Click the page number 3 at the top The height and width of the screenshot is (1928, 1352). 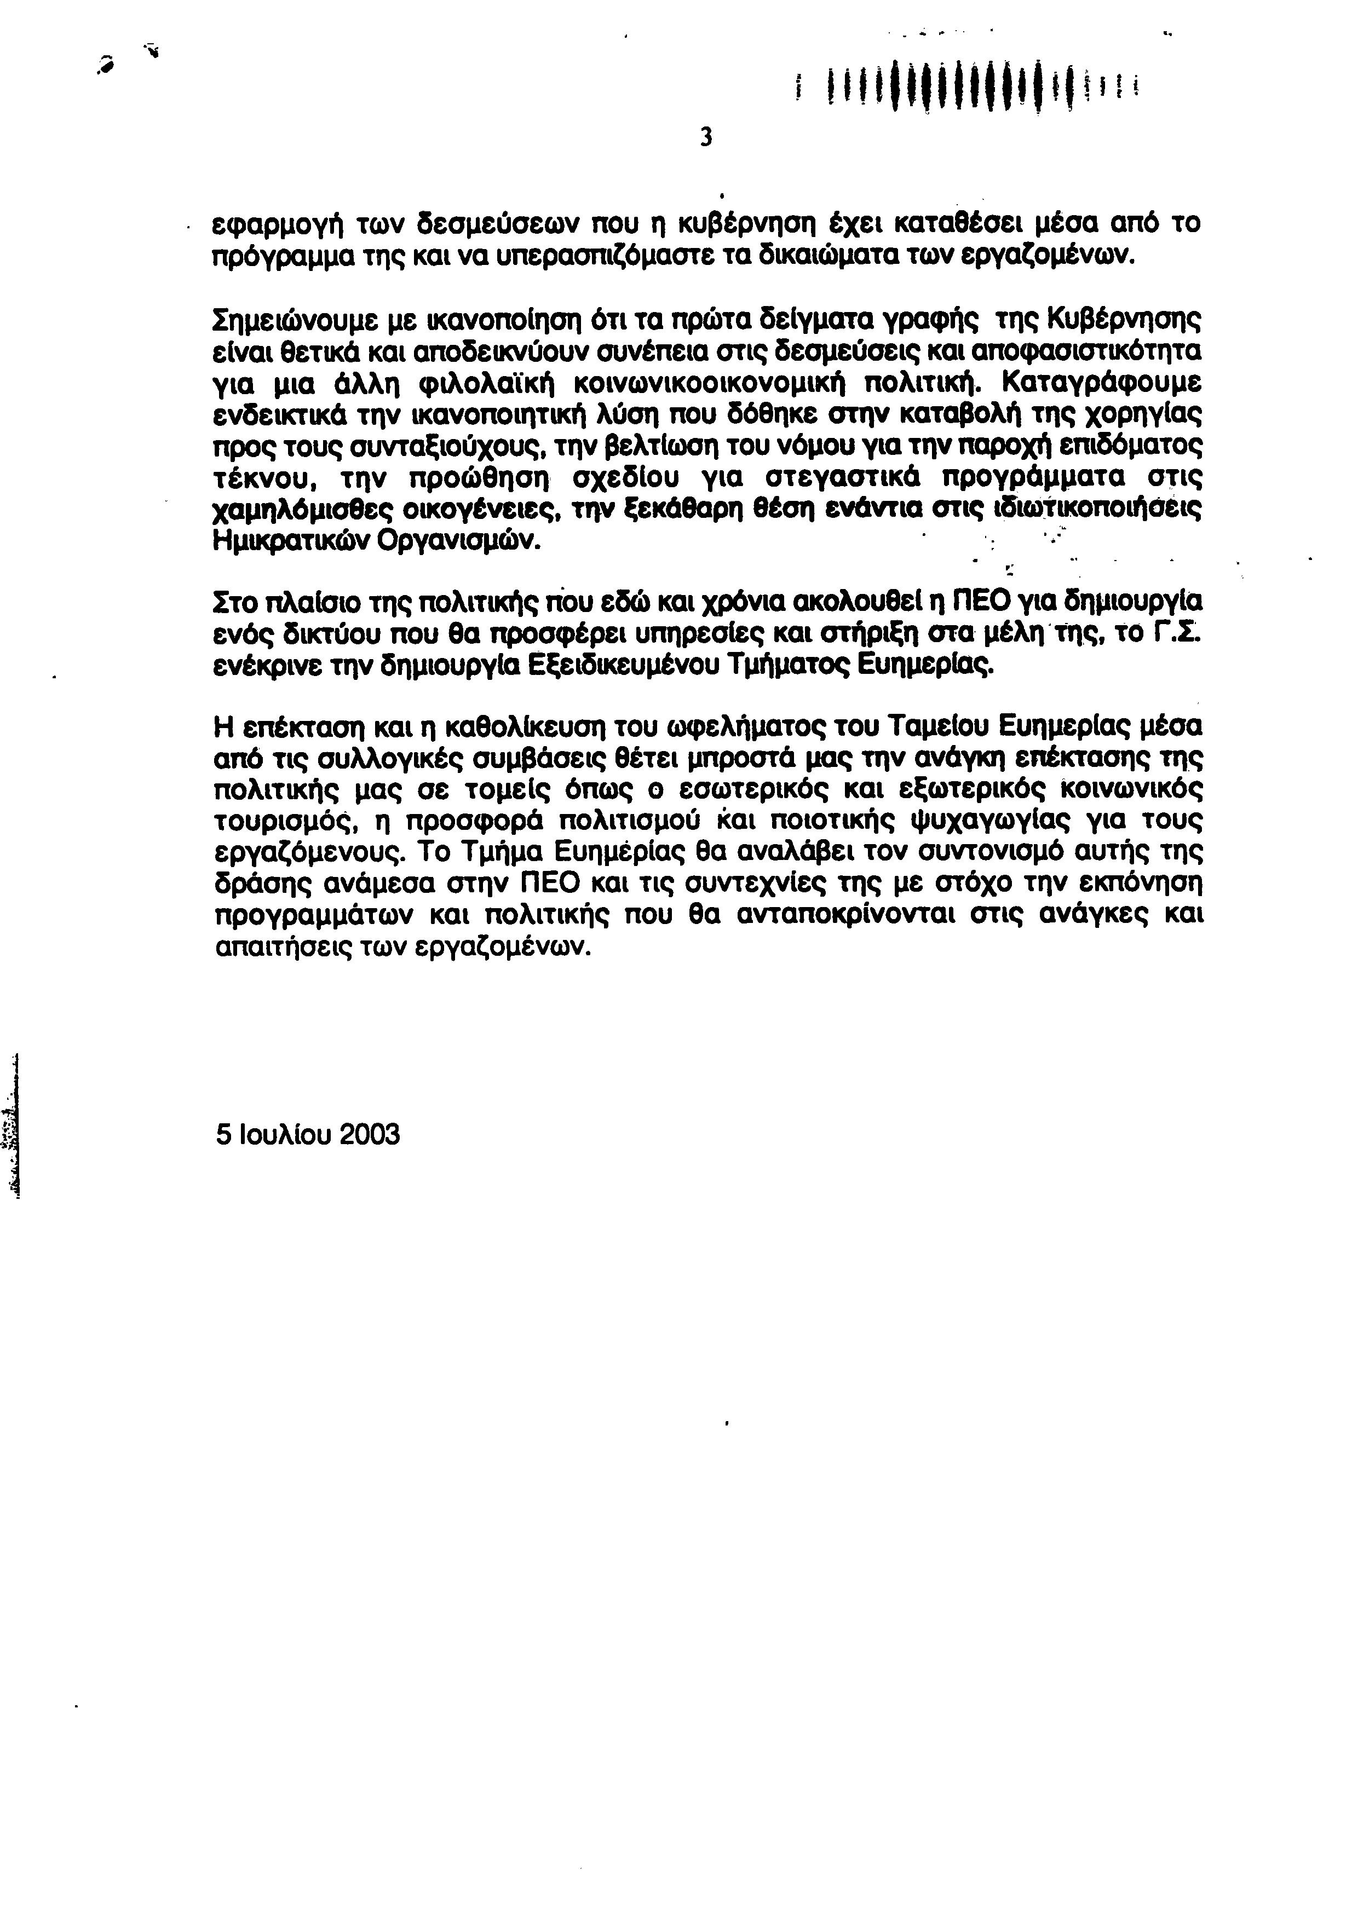[705, 136]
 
